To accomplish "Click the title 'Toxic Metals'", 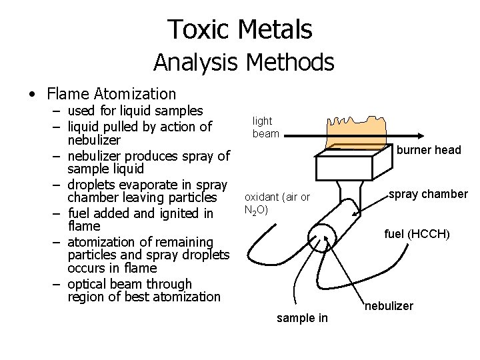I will coord(239,29).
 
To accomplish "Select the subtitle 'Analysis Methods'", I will coord(243,63).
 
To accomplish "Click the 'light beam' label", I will coord(264,127).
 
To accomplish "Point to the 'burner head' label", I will coord(429,150).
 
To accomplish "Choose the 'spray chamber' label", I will coord(428,194).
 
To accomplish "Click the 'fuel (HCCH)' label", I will coord(417,234).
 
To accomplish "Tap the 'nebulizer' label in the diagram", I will coord(389,306).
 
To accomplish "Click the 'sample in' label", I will coord(302,318).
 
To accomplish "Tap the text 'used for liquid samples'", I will coord(135,111).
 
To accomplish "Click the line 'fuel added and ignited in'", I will coord(140,213).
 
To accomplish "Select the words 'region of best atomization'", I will coord(143,297).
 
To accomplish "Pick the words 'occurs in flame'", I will coord(112,268).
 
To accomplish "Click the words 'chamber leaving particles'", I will coord(142,198).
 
